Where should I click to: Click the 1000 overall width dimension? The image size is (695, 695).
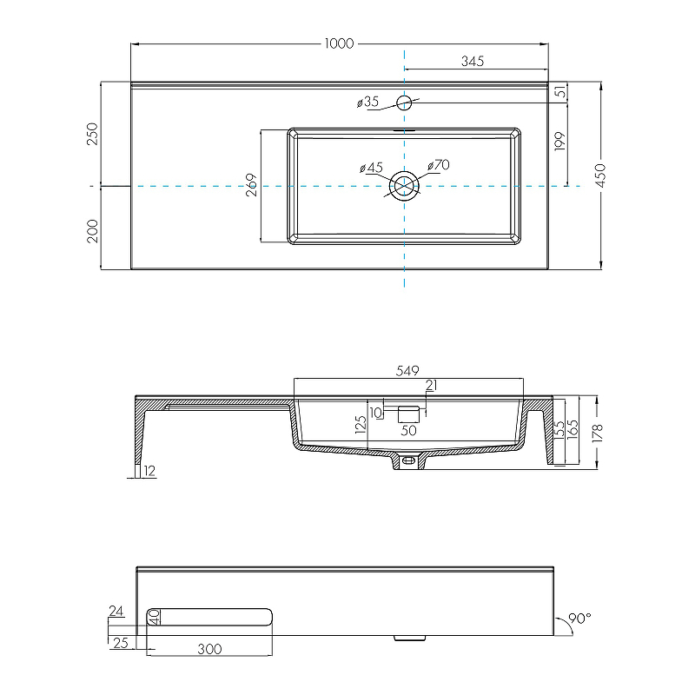tap(339, 43)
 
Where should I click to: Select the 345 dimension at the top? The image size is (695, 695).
tap(472, 61)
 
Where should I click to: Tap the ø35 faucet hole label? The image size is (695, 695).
tap(368, 103)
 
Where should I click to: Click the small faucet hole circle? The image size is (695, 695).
tap(404, 103)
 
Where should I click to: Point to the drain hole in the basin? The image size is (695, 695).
tap(404, 186)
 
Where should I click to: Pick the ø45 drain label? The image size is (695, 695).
tap(371, 167)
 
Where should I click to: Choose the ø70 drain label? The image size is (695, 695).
tap(438, 165)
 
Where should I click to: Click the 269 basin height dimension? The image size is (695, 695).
tap(251, 186)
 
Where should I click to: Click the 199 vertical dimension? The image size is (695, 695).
tap(559, 142)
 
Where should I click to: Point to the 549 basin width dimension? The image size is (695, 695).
tap(408, 370)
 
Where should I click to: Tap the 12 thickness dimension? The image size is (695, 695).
tap(149, 471)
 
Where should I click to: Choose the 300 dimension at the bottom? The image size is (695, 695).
tap(209, 648)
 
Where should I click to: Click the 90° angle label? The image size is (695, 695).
tap(579, 619)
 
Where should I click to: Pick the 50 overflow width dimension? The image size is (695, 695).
tap(408, 430)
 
